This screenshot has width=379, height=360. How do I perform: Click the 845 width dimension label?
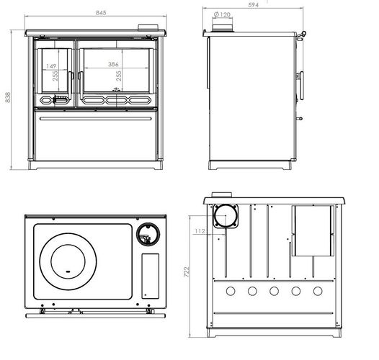pos(101,12)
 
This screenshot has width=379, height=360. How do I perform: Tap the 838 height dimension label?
pos(8,97)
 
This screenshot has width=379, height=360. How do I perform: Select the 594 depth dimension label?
pos(253,4)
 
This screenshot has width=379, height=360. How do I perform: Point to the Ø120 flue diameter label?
pos(222,14)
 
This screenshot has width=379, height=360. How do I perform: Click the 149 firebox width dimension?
pos(51,66)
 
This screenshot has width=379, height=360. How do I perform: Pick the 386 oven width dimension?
pos(113,64)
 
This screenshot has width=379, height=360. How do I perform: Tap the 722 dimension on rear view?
pos(187,272)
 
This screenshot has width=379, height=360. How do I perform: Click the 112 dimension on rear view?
pos(200,231)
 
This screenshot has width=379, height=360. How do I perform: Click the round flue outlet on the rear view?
pos(226,216)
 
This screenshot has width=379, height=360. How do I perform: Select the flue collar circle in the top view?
pos(148,235)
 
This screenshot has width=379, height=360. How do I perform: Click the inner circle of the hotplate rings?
pos(68,261)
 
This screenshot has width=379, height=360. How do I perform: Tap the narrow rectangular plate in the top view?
pos(151,276)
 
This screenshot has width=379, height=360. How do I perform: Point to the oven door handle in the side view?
pos(301,85)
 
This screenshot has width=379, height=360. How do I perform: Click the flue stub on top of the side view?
pos(223,28)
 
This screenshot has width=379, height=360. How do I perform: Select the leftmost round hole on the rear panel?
pos(231,291)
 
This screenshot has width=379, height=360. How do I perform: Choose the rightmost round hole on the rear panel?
pos(318,291)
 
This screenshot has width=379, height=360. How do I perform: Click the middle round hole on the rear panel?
pos(274,291)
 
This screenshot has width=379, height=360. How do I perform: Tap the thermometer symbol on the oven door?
pos(116,89)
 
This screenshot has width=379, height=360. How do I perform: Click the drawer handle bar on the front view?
pos(96,119)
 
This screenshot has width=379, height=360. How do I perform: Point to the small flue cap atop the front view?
pos(148,27)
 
